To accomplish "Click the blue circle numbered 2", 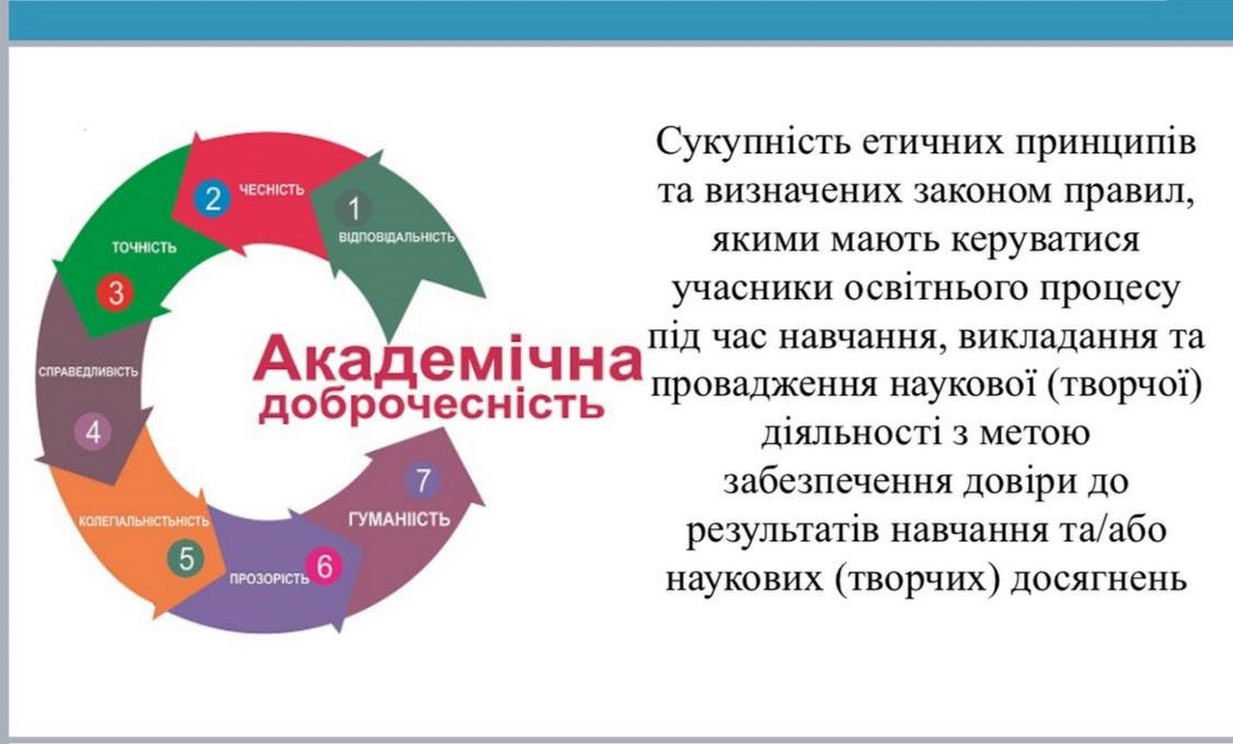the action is pos(212,198).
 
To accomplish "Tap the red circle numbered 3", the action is pos(115,293).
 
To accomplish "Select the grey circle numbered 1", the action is pos(353,208).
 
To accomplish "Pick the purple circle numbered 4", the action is pos(93,432).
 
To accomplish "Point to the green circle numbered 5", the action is pos(186,559).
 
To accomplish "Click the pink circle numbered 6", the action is pos(325,567).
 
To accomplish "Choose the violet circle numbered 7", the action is pos(422,481).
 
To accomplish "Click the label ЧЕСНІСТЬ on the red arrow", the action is pos(271,189).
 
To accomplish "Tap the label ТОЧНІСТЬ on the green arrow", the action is pos(144,248).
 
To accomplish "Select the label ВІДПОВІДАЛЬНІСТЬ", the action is pos(397,237).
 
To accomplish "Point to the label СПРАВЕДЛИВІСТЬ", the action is pos(88,372).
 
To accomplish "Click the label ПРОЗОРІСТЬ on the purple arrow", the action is pos(270,579).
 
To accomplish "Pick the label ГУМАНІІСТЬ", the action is pos(400,519).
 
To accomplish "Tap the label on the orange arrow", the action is pos(144,521).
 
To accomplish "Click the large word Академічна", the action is pos(447,362).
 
